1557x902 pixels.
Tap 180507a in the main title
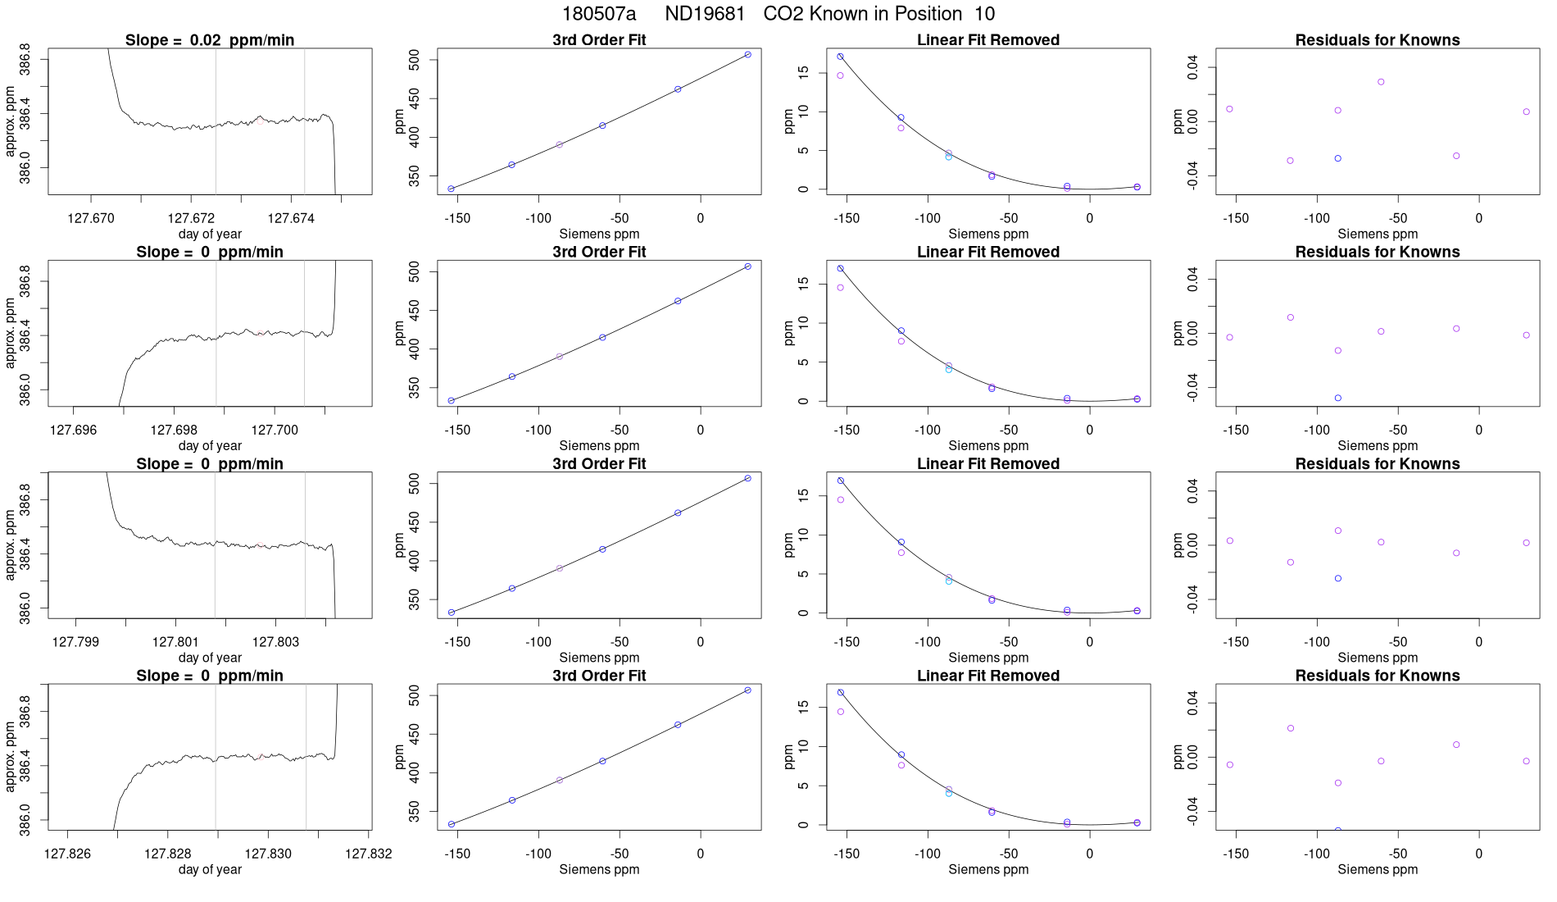(x=598, y=14)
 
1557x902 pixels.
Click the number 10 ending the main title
(x=984, y=14)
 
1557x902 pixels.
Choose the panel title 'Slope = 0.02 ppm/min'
(x=210, y=40)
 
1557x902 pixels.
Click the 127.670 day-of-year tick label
(x=91, y=219)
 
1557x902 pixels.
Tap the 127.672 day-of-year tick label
(x=191, y=219)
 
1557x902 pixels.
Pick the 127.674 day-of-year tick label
(x=291, y=219)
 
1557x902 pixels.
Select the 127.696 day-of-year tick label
(x=74, y=430)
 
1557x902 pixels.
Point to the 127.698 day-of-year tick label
(x=174, y=430)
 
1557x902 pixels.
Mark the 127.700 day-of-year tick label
(x=275, y=430)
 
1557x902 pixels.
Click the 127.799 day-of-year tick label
(x=75, y=642)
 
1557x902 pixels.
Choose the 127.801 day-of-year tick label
(x=175, y=642)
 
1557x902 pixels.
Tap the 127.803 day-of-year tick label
(x=276, y=642)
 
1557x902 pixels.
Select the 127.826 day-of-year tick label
(x=67, y=854)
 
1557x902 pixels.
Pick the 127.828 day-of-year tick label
(x=168, y=854)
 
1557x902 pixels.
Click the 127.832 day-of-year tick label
(x=369, y=854)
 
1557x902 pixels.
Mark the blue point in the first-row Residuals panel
(x=1337, y=158)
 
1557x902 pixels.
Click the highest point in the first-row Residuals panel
(x=1381, y=82)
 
